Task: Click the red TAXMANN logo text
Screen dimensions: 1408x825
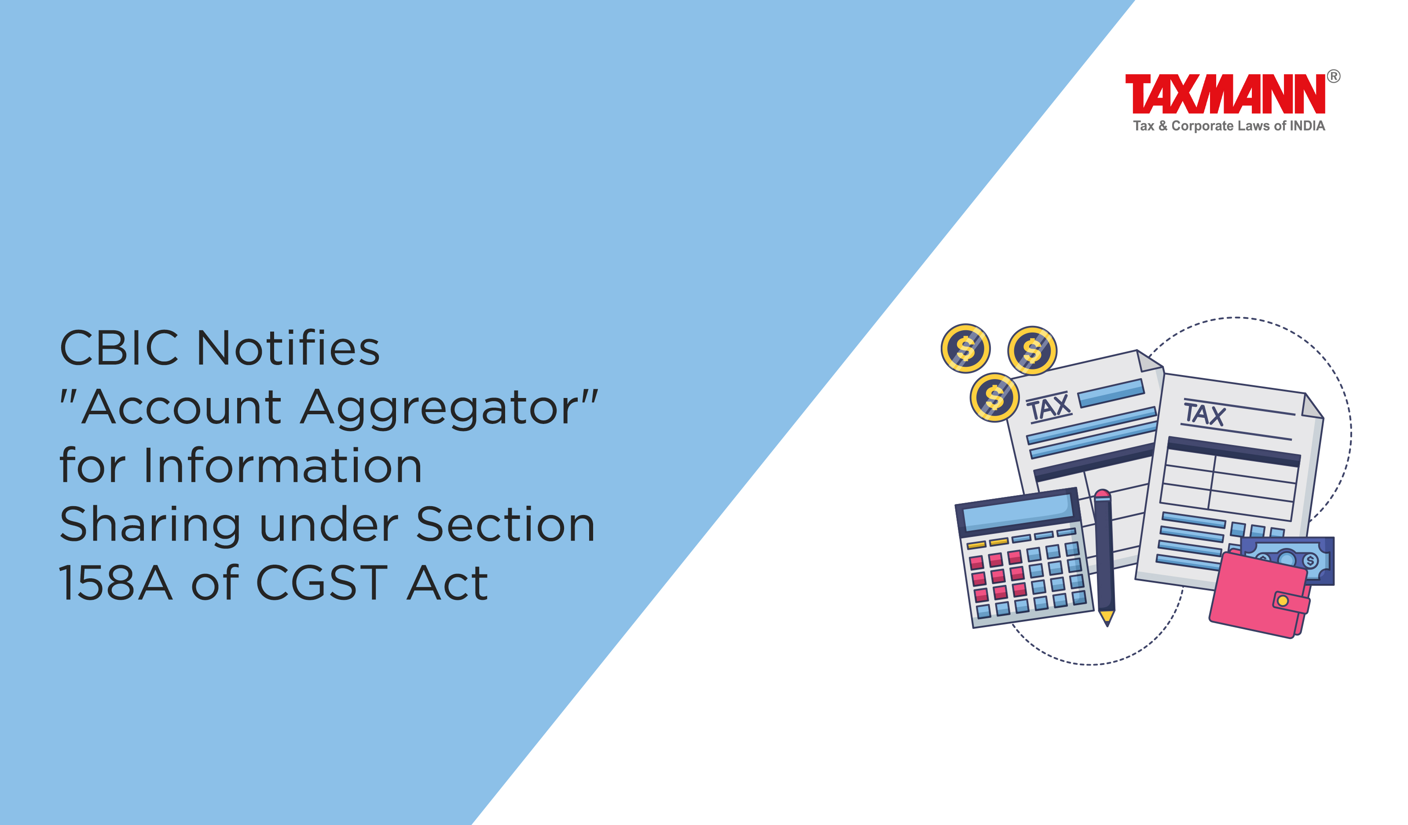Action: (x=1224, y=93)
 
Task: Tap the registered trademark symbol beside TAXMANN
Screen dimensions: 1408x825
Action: (x=1333, y=76)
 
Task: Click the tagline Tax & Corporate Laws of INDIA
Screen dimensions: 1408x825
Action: (x=1228, y=126)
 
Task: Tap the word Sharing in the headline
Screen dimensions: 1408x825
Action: (x=150, y=526)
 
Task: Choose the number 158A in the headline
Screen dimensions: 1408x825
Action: (x=116, y=583)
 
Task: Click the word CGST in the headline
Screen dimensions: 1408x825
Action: (x=321, y=583)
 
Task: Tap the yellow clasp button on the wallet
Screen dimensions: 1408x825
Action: (x=1283, y=601)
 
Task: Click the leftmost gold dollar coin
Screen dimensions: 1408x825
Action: (x=965, y=349)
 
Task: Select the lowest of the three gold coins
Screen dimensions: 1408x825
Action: (x=994, y=397)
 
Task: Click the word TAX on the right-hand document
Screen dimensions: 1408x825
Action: (x=1205, y=414)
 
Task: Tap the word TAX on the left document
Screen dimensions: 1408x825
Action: (x=1049, y=407)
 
